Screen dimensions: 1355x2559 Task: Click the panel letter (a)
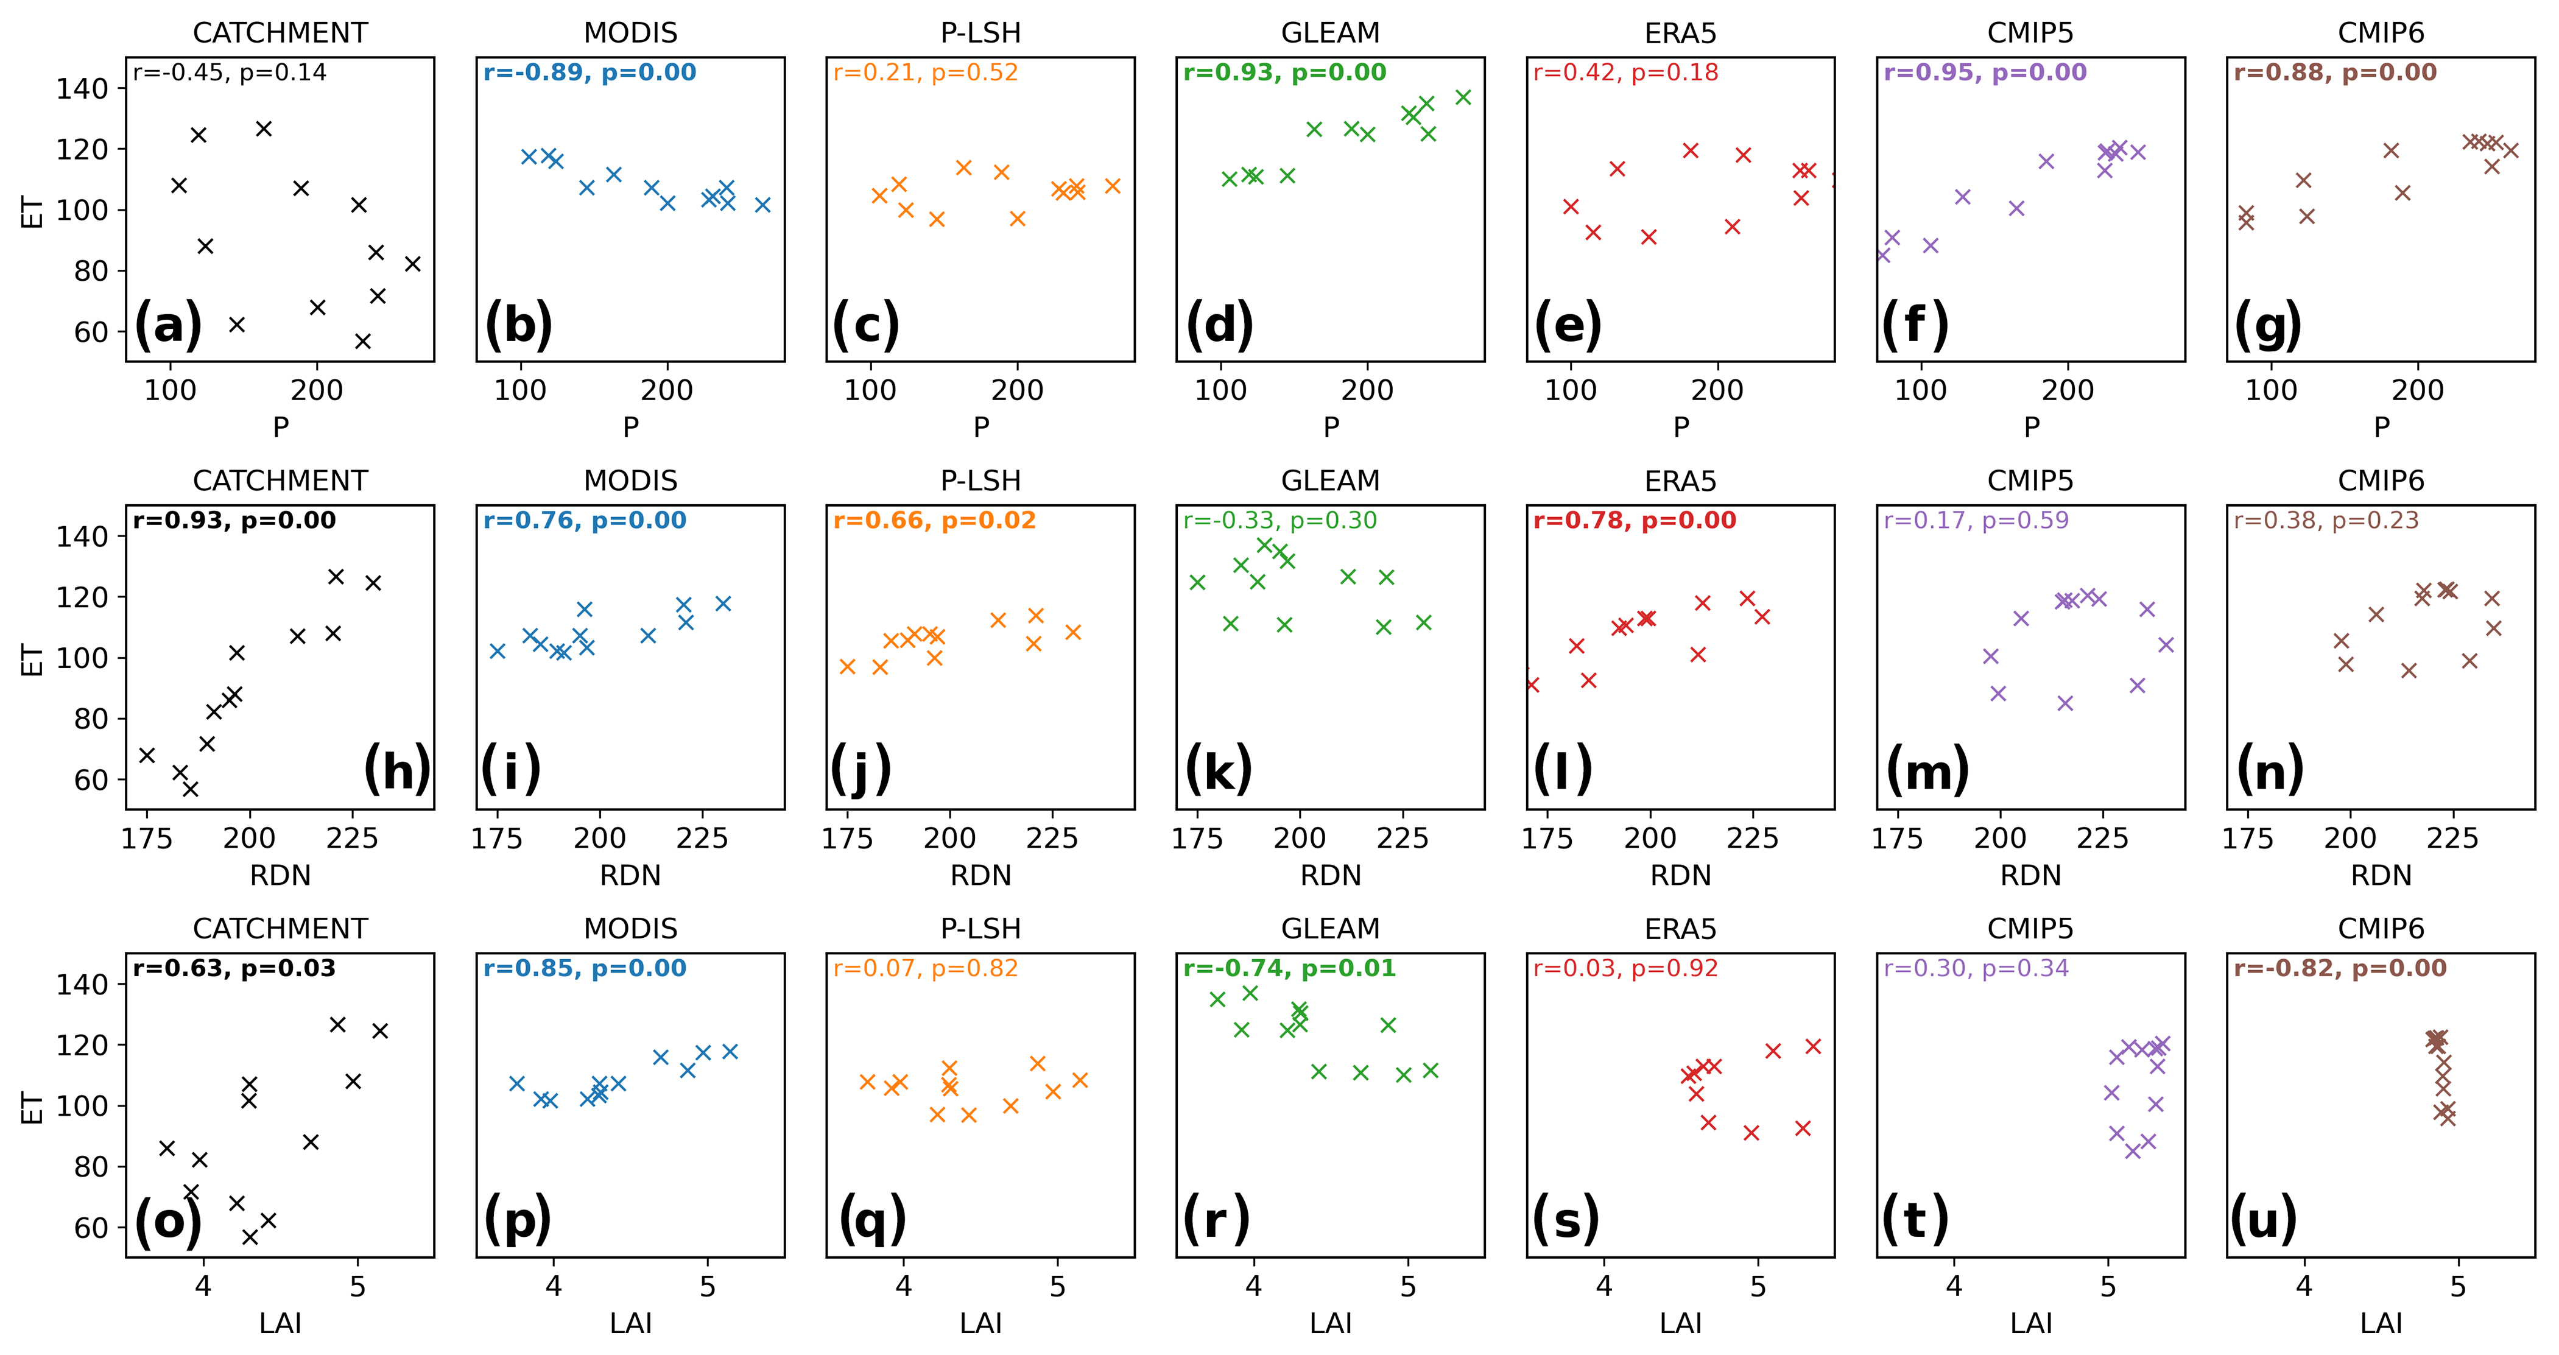pyautogui.click(x=168, y=325)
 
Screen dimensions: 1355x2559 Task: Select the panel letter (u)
pyautogui.click(x=2264, y=1219)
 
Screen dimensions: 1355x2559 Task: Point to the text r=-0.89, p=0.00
pyautogui.click(x=589, y=72)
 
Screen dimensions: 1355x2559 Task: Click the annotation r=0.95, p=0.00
pyautogui.click(x=1985, y=72)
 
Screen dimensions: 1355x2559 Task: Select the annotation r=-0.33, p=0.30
pyautogui.click(x=1279, y=521)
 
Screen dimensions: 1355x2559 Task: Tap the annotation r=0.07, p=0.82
pyautogui.click(x=925, y=968)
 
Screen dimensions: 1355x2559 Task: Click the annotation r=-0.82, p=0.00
pyautogui.click(x=2340, y=968)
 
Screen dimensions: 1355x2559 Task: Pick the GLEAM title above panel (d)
pyautogui.click(x=1330, y=33)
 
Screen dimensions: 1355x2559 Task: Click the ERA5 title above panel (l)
pyautogui.click(x=1680, y=481)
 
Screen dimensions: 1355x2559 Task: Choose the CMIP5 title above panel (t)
pyautogui.click(x=2030, y=929)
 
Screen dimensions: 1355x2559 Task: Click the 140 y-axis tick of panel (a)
pyautogui.click(x=82, y=88)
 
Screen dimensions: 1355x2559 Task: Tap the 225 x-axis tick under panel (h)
pyautogui.click(x=351, y=839)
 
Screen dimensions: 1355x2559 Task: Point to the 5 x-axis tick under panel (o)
pyautogui.click(x=357, y=1286)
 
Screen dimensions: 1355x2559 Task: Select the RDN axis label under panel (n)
pyautogui.click(x=2380, y=875)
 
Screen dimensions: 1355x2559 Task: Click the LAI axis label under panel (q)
pyautogui.click(x=980, y=1323)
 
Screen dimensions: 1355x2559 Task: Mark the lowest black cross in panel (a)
pyautogui.click(x=362, y=342)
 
